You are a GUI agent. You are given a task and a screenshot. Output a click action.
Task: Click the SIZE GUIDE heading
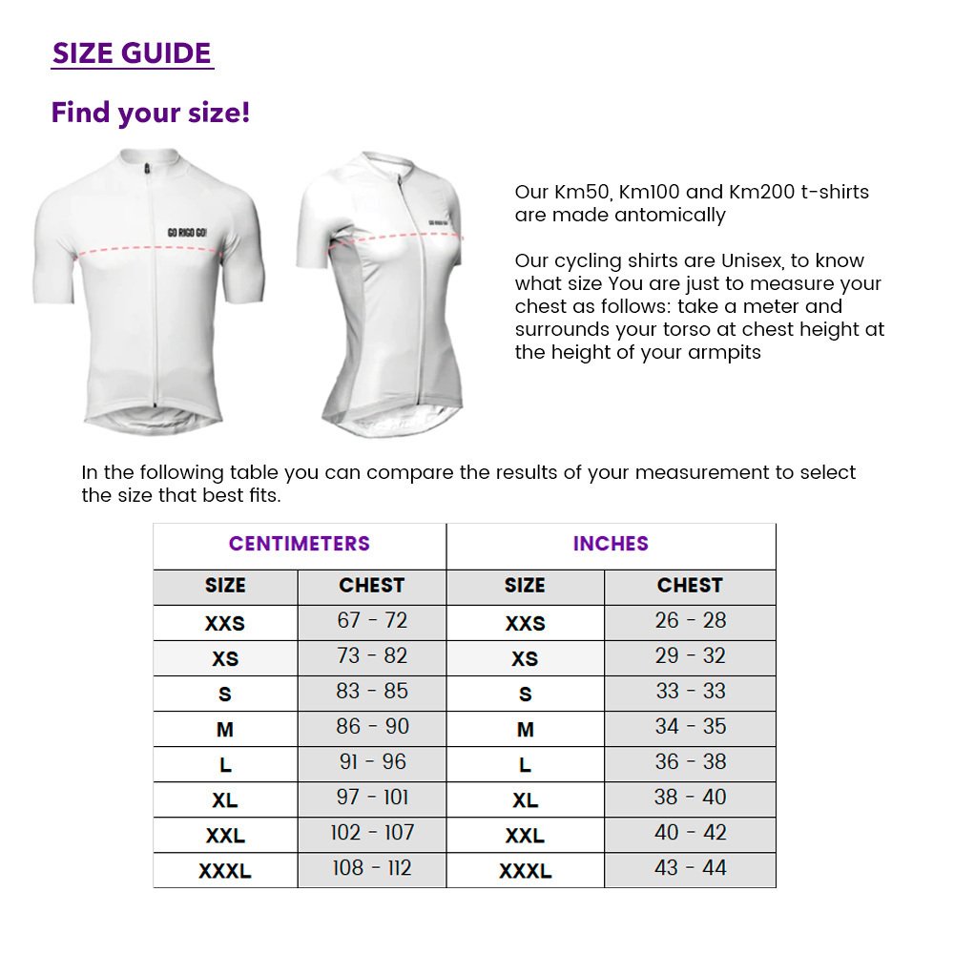tap(132, 53)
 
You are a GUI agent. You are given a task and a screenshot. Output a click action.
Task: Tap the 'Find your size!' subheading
tap(151, 113)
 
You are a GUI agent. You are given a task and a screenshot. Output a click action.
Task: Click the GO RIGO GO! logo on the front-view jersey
tap(188, 232)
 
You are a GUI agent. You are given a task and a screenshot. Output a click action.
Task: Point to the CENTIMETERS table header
tap(299, 544)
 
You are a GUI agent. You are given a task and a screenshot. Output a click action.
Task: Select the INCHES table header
tap(611, 544)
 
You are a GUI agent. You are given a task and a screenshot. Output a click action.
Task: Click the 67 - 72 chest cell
tap(371, 621)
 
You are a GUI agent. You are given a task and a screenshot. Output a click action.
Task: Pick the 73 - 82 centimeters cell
tap(371, 656)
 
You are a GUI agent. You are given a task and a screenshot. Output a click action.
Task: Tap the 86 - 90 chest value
tap(371, 727)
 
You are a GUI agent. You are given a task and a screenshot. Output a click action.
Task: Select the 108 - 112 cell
tap(371, 868)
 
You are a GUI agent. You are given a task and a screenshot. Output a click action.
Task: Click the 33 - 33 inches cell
tap(690, 692)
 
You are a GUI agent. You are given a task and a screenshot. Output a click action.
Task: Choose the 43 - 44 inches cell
tap(690, 868)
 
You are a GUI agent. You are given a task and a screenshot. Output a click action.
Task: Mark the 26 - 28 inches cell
tap(690, 621)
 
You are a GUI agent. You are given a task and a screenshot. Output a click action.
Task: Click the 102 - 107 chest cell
tap(371, 833)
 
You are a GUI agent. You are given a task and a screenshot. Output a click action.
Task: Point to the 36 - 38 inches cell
tap(690, 762)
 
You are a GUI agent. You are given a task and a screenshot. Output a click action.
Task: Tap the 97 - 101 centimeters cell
tap(371, 798)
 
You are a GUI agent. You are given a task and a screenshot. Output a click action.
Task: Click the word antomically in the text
tap(670, 215)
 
